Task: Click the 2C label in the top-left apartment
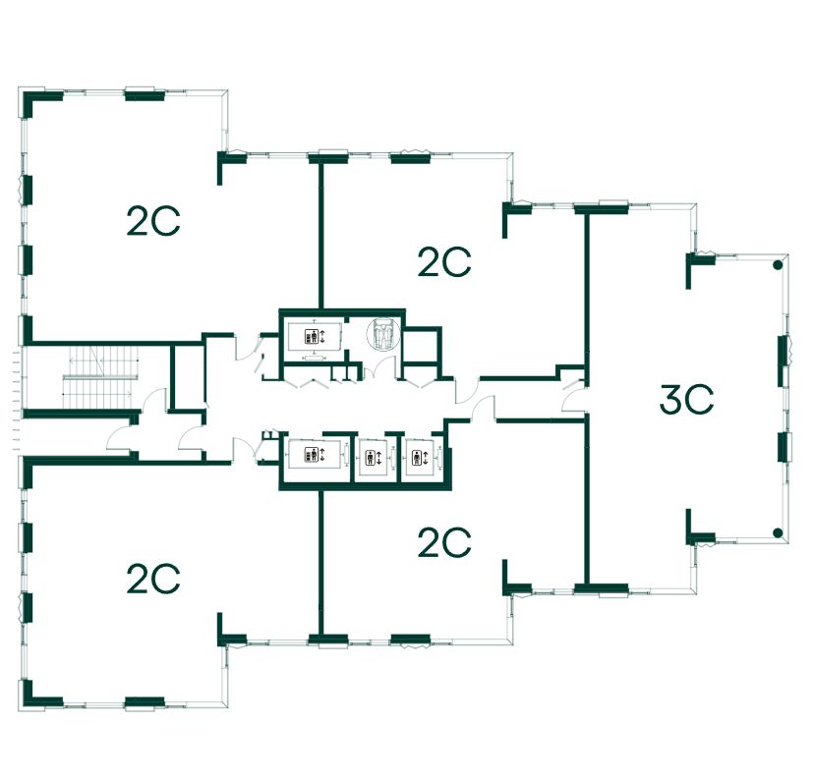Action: [x=153, y=222]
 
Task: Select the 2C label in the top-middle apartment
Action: [x=444, y=262]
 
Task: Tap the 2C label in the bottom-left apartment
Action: [x=153, y=578]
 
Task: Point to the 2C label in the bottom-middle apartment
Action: [x=444, y=542]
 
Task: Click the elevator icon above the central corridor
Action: [x=311, y=337]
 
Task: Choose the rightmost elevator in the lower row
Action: [x=418, y=457]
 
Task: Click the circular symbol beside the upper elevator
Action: [x=383, y=334]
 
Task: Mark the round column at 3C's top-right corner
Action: [x=777, y=265]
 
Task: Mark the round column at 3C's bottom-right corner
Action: [x=777, y=533]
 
